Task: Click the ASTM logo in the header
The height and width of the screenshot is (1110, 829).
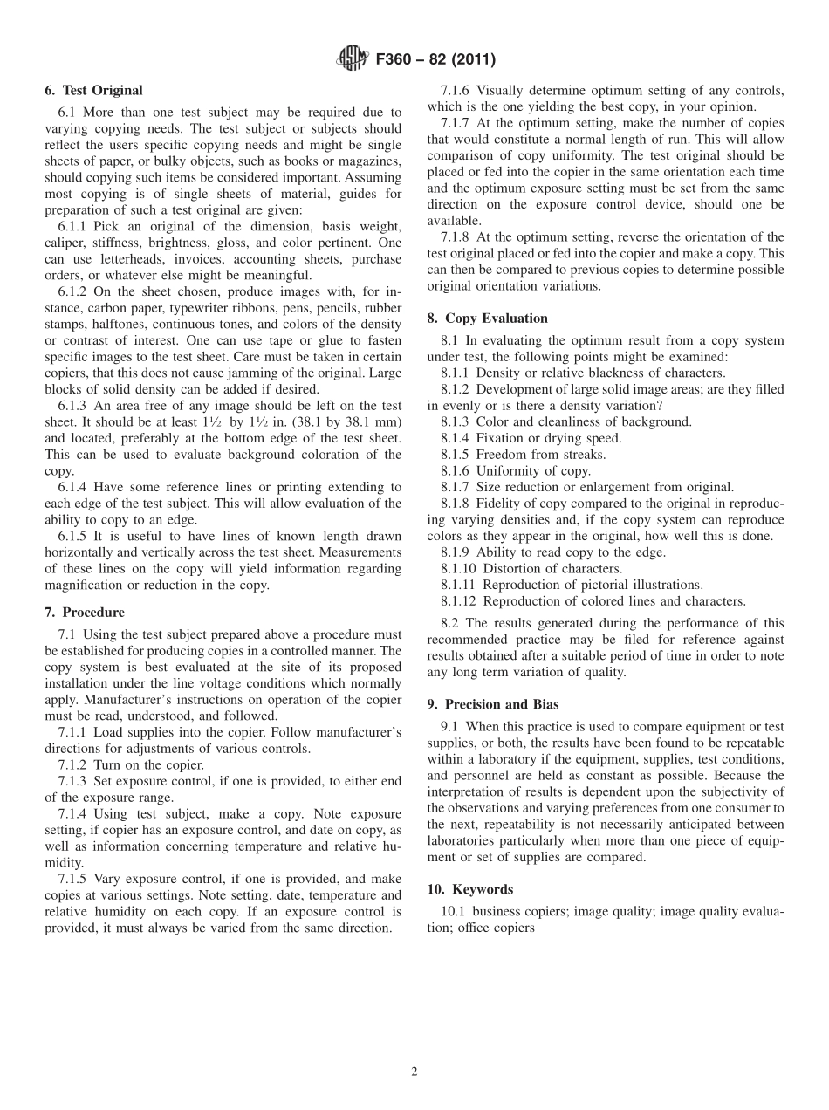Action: [x=350, y=60]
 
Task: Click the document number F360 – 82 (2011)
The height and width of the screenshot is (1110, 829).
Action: [x=435, y=60]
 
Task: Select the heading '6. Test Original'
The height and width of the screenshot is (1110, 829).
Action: [x=93, y=91]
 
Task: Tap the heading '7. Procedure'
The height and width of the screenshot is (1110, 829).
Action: [x=84, y=613]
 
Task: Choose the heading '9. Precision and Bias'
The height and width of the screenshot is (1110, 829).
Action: [x=493, y=705]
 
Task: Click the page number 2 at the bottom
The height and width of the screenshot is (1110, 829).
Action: [x=414, y=1072]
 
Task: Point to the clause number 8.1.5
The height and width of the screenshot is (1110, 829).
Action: [x=455, y=455]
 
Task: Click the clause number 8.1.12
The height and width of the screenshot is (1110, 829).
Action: [x=458, y=601]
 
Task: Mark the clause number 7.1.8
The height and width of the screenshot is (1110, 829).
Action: [x=455, y=237]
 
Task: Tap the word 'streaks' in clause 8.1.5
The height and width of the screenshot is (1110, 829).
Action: [x=584, y=455]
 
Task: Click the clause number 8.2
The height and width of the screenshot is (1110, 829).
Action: [x=450, y=623]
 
